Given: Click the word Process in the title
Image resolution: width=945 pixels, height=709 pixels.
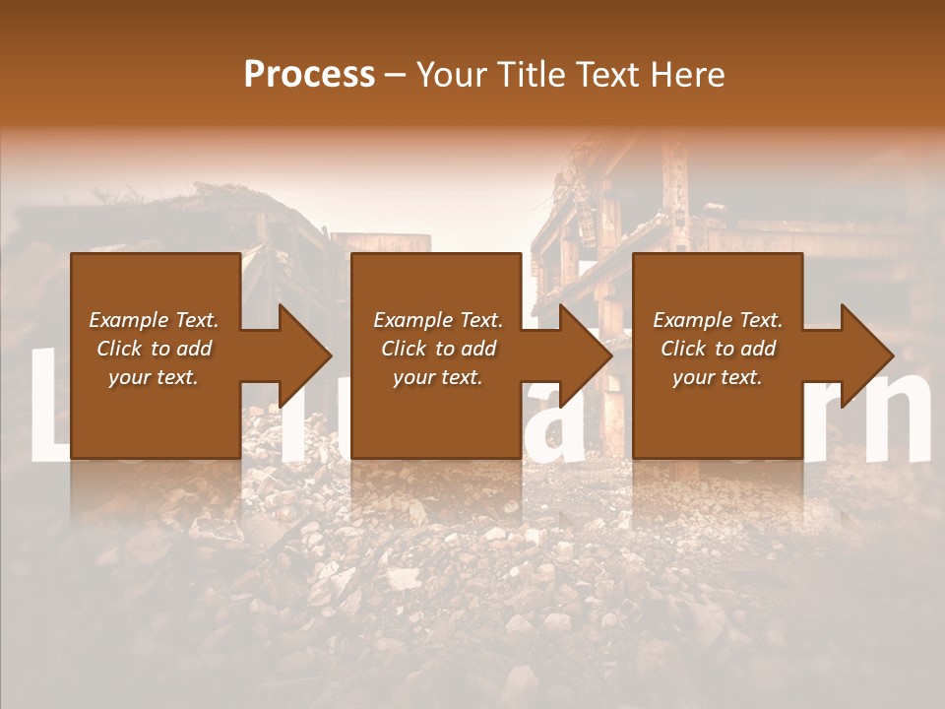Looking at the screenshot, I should pos(309,75).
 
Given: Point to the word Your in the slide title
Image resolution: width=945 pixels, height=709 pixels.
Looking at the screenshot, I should pos(451,75).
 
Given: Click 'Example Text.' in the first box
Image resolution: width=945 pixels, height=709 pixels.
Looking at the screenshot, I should pos(154,320).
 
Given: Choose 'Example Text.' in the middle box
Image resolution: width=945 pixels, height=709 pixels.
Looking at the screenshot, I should pos(438,320).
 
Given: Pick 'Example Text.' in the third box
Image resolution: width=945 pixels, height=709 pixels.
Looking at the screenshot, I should pos(718,320).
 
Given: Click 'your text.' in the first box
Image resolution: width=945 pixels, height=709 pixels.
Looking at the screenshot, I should pos(154,377).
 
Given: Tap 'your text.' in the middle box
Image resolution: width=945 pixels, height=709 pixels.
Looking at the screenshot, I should pos(438,377).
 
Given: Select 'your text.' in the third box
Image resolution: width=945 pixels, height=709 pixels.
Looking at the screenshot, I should pos(718,377).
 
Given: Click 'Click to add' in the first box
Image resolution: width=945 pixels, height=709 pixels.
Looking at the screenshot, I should pos(154,349).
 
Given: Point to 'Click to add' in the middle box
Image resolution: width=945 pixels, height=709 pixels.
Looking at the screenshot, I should pos(438,349).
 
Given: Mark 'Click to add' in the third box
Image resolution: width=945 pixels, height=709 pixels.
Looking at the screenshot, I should pos(718,349).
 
